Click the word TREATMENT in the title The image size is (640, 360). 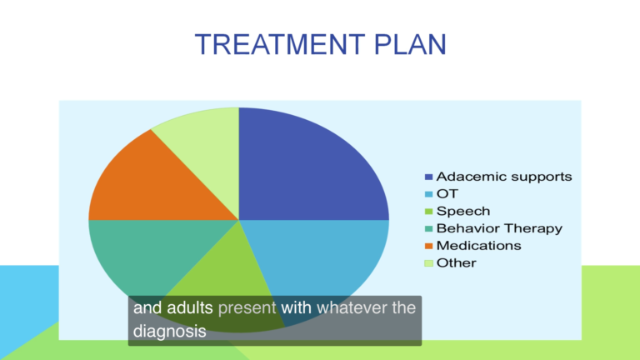[x=280, y=44]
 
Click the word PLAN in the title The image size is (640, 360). [x=410, y=44]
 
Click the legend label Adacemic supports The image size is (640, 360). [x=504, y=177]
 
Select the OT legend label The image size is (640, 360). [x=447, y=194]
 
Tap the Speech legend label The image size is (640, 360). [x=463, y=212]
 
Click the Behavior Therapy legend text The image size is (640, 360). [x=499, y=228]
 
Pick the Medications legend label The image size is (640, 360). [x=479, y=246]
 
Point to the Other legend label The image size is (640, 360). [x=457, y=262]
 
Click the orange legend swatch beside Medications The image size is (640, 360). [x=428, y=246]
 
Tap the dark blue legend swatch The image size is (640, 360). [x=428, y=177]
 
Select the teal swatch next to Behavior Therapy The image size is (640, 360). [x=428, y=229]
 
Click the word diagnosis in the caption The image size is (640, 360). [x=169, y=331]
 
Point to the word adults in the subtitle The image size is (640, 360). [x=190, y=307]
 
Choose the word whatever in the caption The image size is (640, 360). [x=352, y=307]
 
